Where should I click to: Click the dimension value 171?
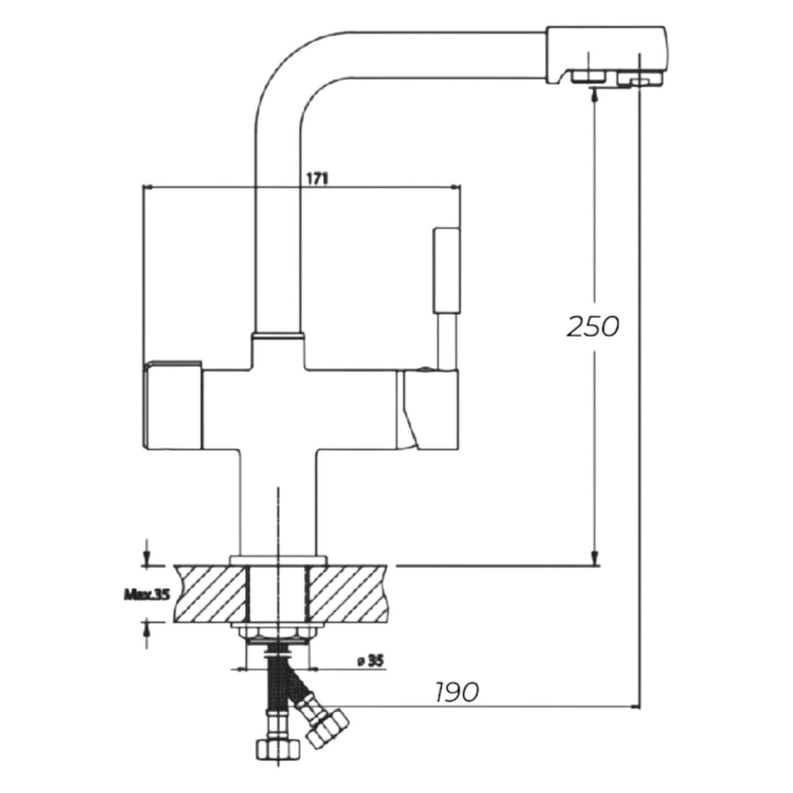(317, 179)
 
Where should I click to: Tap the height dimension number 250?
(592, 327)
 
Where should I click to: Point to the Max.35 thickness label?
(147, 595)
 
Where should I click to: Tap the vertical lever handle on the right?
(445, 272)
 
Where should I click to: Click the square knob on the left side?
(172, 405)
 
